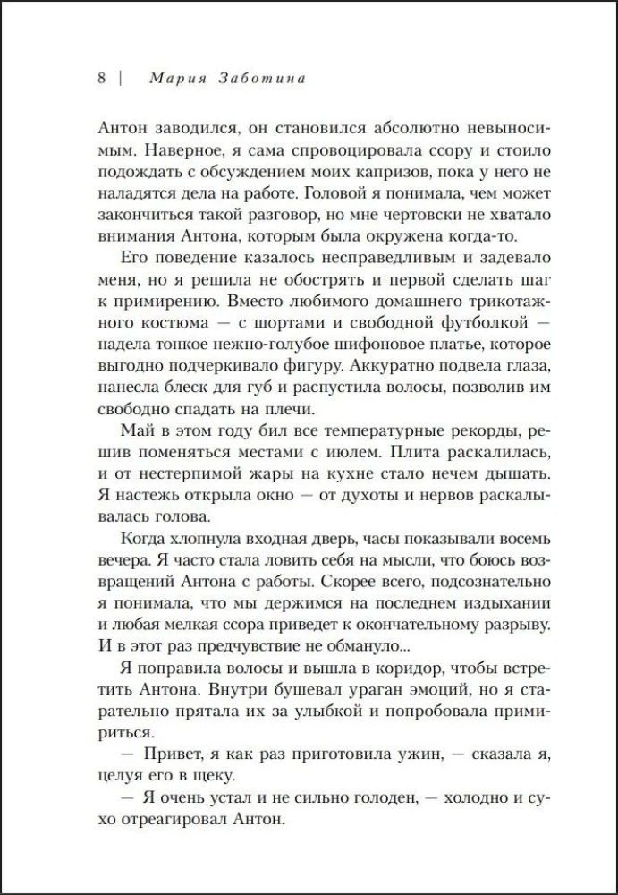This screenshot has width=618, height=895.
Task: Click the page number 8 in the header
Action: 101,78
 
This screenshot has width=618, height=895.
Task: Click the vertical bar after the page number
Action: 120,78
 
